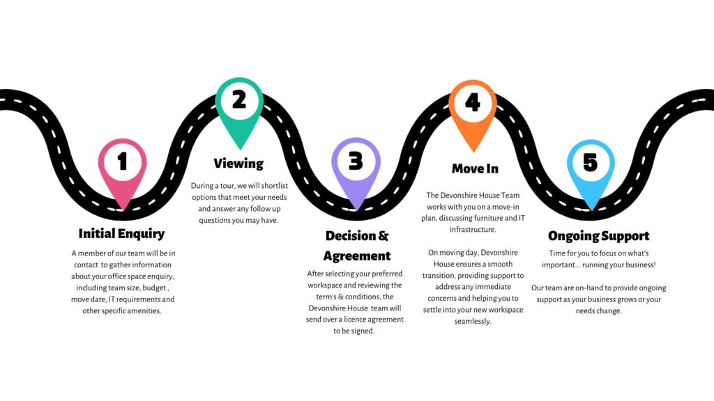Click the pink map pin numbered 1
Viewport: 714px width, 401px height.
(123, 164)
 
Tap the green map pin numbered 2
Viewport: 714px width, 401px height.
(239, 102)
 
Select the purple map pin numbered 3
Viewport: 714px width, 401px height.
(356, 164)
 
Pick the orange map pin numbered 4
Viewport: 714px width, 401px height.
(473, 104)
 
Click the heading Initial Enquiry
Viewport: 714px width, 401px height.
(122, 233)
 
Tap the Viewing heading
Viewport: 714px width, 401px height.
(238, 164)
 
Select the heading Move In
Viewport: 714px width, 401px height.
(475, 168)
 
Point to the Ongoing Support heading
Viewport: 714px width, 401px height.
(598, 236)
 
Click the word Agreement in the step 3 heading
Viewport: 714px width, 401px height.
(357, 255)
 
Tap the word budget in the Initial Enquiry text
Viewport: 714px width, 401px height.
(155, 288)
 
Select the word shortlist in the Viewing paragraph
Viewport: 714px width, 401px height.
(277, 187)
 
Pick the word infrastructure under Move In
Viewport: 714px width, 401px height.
(472, 229)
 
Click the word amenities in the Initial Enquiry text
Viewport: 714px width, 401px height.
(139, 310)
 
